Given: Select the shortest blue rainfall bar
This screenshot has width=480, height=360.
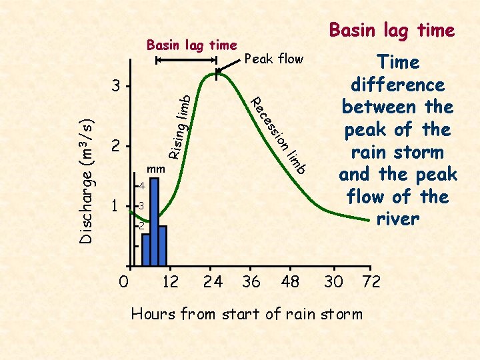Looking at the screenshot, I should coord(146,249).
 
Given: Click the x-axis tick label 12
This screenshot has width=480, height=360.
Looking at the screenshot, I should coord(171,281).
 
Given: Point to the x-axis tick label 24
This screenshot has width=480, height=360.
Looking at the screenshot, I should coord(213,281).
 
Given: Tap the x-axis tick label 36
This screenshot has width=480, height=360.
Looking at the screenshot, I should coord(251,281).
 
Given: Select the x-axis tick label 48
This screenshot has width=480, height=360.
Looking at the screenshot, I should coord(290,281).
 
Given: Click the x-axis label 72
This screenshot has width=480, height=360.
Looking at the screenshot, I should coord(371,281).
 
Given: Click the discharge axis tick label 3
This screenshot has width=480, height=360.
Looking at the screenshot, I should coord(116,87).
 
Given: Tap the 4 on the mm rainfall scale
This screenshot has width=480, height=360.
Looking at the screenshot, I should coord(141,185).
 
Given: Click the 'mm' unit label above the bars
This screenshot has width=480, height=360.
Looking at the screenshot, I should coord(155,169).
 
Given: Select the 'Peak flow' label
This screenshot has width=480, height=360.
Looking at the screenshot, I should coord(274,59).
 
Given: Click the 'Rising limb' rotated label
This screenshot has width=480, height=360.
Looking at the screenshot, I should coord(181,127).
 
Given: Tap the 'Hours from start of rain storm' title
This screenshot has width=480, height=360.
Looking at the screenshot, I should coord(247,313).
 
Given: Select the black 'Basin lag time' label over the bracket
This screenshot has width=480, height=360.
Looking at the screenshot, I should coord(191,45).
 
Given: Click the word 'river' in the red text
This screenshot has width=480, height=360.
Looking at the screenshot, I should coord(397,219).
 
